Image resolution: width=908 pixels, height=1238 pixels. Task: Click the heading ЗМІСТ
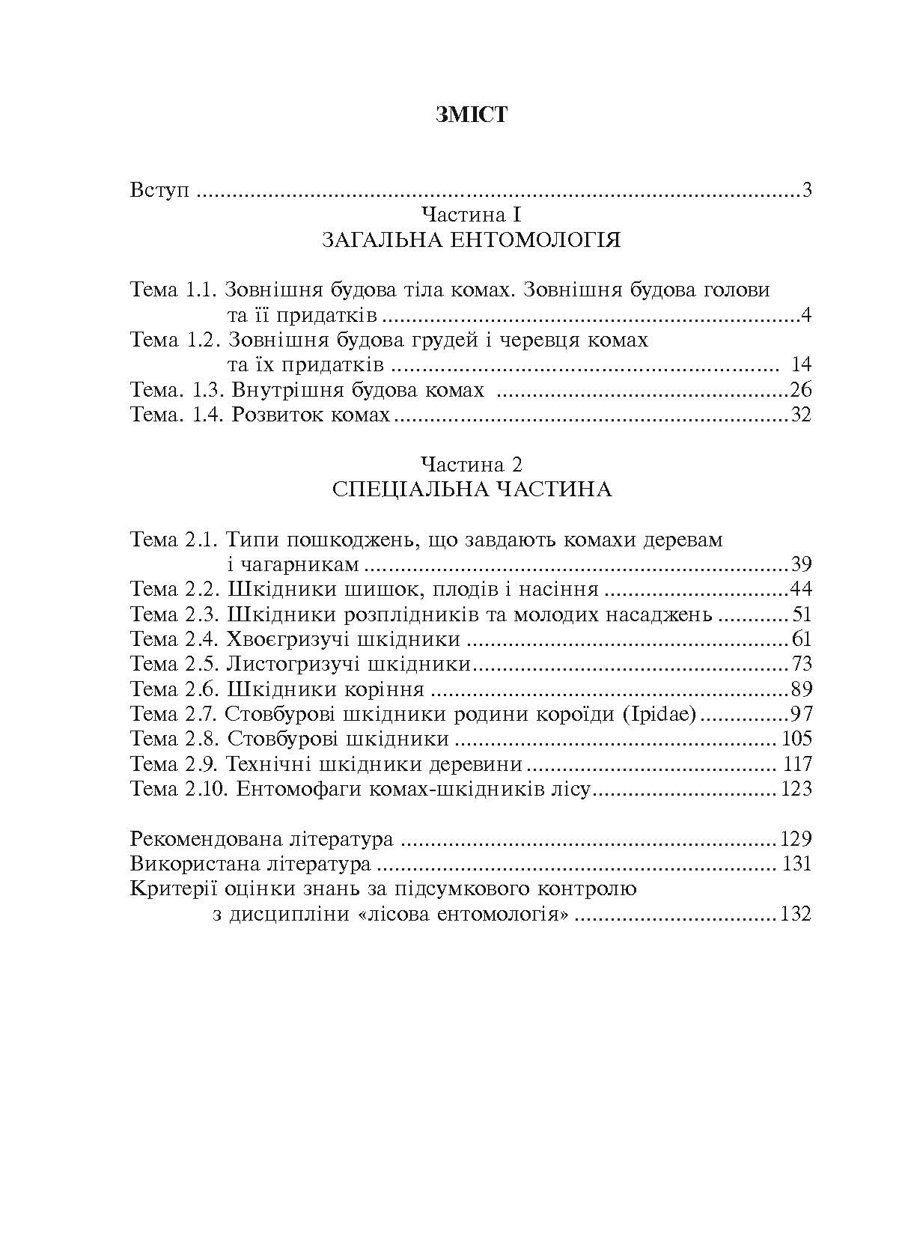tap(471, 115)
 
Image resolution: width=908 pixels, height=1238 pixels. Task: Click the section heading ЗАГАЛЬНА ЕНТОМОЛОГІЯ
tap(471, 241)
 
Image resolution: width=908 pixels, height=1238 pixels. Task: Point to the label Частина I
tap(471, 216)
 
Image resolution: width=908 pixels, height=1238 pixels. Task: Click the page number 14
tap(800, 365)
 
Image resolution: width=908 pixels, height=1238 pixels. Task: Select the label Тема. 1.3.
tap(177, 390)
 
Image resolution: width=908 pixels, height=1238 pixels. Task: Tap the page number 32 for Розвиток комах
tap(800, 415)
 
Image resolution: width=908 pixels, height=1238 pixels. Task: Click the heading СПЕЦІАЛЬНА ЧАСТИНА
tap(471, 490)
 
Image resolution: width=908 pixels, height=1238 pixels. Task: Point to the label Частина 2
tap(471, 464)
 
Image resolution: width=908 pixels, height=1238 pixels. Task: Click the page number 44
tap(800, 589)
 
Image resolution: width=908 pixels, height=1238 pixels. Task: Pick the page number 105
tap(796, 739)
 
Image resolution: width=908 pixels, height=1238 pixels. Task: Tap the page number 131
tap(796, 864)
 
